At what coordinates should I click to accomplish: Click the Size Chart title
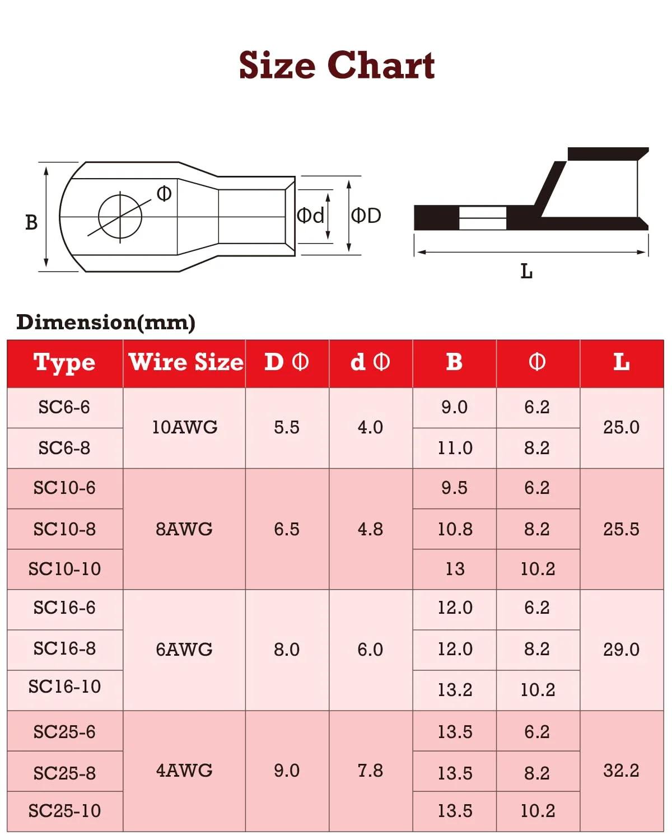337,65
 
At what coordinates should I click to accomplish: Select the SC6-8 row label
64,447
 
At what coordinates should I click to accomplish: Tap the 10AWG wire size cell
184,427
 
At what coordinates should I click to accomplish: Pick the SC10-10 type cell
65,569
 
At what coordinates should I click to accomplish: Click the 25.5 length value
621,529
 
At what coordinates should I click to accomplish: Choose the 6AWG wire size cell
184,650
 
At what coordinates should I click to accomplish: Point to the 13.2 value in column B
455,690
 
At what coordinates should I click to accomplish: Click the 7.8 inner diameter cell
370,771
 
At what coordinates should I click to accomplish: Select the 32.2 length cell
621,771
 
